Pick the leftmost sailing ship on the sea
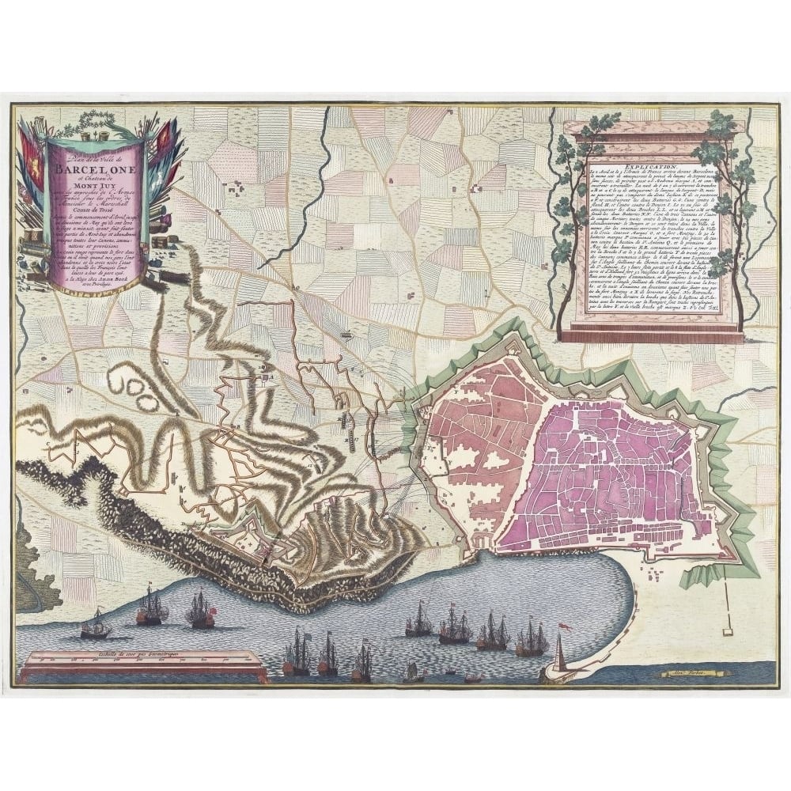96,625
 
